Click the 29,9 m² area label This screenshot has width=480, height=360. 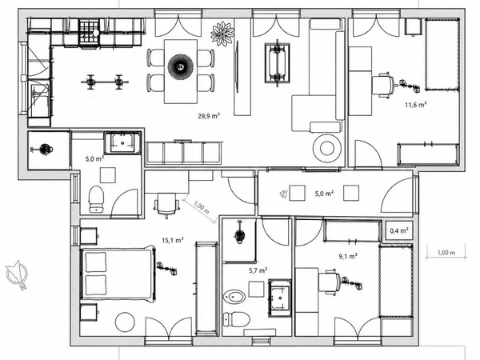coord(209,116)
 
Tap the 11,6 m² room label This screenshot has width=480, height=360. coord(416,105)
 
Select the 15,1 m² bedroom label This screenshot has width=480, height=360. coord(173,240)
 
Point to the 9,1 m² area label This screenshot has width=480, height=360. coord(348,256)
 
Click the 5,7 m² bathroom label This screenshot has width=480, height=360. coord(258,270)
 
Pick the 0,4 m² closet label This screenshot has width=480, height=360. coord(399,230)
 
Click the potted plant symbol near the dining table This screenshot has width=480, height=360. coord(222,34)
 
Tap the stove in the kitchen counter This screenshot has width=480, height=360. coord(90,32)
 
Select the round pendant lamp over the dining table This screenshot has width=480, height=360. coord(181,66)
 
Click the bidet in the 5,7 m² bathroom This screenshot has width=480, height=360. coord(234,297)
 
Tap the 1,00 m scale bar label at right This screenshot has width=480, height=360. coord(446,253)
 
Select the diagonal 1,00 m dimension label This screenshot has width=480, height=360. coord(202,207)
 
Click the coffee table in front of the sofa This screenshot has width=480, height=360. coord(278,62)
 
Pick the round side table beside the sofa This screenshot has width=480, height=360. coord(327,149)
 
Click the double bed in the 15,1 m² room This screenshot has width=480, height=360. coord(118,274)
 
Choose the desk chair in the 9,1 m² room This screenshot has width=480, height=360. coord(330,282)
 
